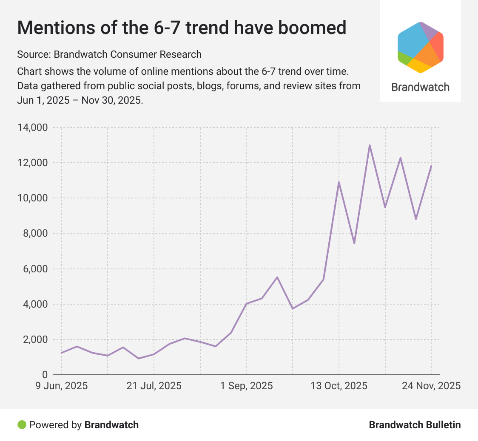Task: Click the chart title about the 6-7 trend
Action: pyautogui.click(x=182, y=28)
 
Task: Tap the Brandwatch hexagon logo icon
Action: pyautogui.click(x=420, y=47)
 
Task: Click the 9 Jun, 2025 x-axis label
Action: pyautogui.click(x=62, y=386)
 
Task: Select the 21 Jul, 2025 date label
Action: pyautogui.click(x=154, y=386)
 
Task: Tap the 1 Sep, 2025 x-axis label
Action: pyautogui.click(x=246, y=386)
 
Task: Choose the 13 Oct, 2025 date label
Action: pyautogui.click(x=339, y=386)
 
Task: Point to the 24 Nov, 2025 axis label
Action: pyautogui.click(x=431, y=386)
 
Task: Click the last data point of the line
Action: pyautogui.click(x=431, y=166)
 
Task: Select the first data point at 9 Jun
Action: pyautogui.click(x=62, y=353)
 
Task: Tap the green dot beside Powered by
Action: pyautogui.click(x=22, y=424)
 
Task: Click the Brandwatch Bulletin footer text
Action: pyautogui.click(x=415, y=425)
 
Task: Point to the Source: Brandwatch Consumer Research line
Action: pyautogui.click(x=109, y=54)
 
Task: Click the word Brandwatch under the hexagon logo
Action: pyautogui.click(x=420, y=87)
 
